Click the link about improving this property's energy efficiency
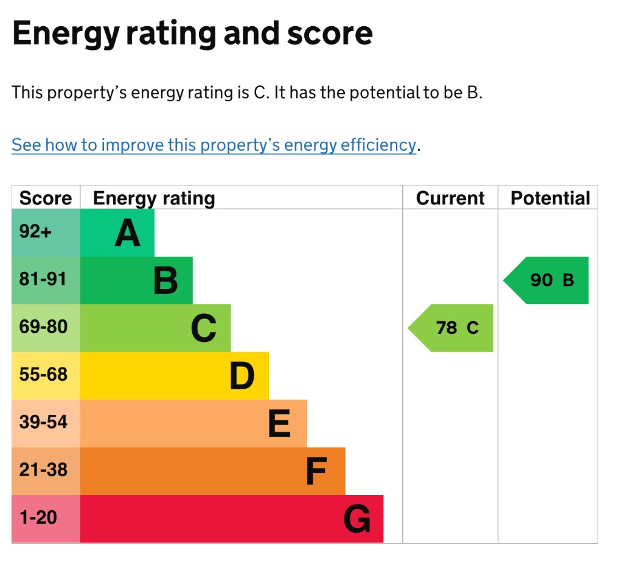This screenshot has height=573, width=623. click(x=214, y=145)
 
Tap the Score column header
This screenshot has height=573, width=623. click(x=46, y=198)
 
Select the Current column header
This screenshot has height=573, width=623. click(x=450, y=198)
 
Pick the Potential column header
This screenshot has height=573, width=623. click(x=550, y=198)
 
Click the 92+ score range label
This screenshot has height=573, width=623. click(x=35, y=231)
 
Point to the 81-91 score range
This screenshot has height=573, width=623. click(x=43, y=279)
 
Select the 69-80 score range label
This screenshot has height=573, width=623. click(x=43, y=327)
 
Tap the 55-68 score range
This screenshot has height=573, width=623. click(x=43, y=374)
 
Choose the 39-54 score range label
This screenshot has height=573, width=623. click(x=43, y=422)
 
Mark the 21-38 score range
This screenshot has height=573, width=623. click(x=43, y=470)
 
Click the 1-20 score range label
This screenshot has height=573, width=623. click(x=38, y=518)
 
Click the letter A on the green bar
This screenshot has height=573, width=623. click(x=128, y=233)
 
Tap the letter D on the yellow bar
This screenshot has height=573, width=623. click(x=242, y=376)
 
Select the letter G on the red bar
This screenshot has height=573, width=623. click(x=357, y=519)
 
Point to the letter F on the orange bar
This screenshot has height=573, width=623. click(x=316, y=471)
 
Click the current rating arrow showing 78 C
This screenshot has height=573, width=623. click(x=451, y=328)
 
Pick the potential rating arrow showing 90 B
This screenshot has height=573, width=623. click(x=546, y=280)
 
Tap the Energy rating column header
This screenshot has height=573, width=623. click(x=154, y=198)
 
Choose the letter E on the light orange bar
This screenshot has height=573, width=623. click(x=279, y=423)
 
